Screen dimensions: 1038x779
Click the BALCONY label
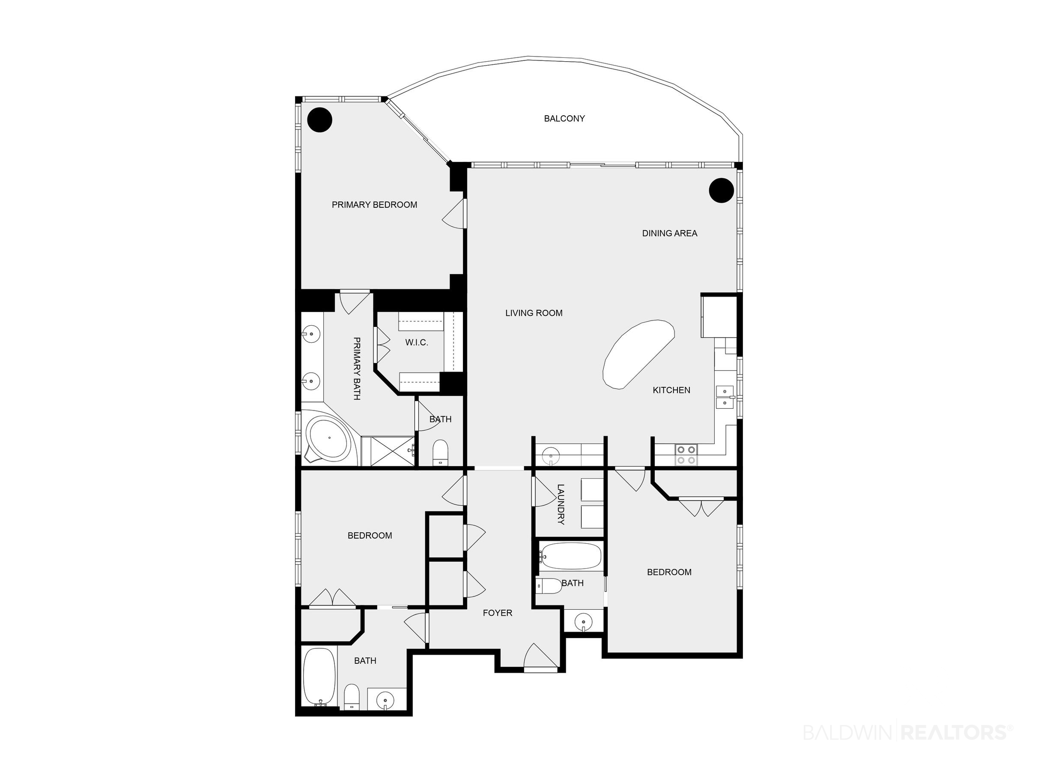564,119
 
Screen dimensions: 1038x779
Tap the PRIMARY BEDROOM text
374,205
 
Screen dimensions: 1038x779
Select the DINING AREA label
670,234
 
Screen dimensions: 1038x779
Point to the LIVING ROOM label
534,313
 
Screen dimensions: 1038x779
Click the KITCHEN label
671,390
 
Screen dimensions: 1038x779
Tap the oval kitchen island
638,354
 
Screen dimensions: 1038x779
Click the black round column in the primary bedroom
319,120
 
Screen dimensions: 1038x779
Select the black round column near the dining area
721,190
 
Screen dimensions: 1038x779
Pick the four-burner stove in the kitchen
686,455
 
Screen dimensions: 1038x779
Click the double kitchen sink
725,397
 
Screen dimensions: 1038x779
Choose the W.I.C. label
417,343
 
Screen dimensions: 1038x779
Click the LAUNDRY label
561,504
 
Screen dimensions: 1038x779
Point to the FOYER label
498,613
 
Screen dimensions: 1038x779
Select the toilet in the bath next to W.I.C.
440,452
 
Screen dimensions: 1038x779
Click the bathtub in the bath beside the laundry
570,557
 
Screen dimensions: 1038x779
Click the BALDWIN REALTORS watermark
907,732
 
